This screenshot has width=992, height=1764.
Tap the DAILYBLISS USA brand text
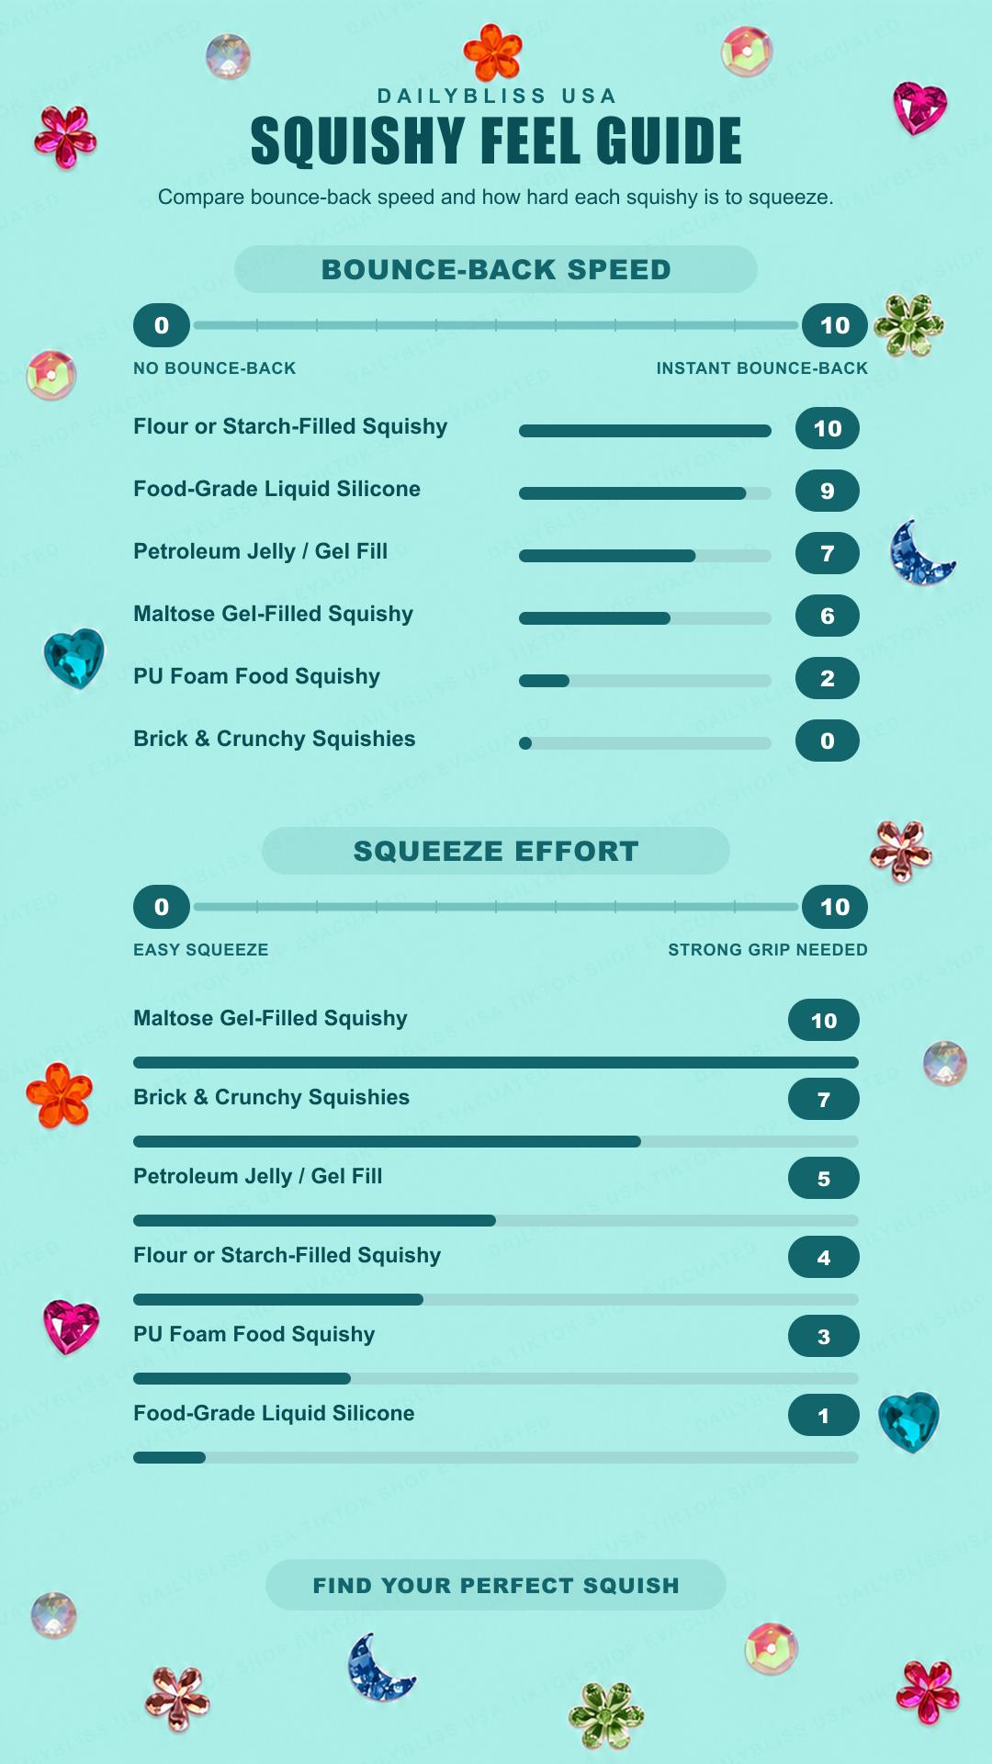[496, 96]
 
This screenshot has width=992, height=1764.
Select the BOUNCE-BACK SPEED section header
[496, 269]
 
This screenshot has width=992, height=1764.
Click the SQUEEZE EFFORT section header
[496, 851]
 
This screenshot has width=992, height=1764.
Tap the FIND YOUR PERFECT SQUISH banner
[496, 1585]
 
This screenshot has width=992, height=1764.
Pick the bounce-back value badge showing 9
[828, 491]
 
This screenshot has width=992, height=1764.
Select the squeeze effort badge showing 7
[824, 1099]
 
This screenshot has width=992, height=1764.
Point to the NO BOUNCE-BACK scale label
[215, 368]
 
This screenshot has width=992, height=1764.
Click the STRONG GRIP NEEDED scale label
[768, 950]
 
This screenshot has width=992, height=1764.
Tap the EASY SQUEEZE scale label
[201, 950]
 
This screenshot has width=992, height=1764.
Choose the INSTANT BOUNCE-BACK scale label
[762, 368]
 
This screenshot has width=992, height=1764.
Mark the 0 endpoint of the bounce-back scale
[162, 325]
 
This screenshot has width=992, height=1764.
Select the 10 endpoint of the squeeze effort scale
[835, 907]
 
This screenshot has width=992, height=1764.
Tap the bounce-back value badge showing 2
[828, 678]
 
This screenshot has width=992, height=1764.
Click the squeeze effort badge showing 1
[824, 1415]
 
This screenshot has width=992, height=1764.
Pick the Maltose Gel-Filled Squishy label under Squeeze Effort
[270, 1018]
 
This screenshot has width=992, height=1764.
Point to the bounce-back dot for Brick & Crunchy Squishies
[525, 743]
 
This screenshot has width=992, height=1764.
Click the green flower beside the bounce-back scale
[909, 325]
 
